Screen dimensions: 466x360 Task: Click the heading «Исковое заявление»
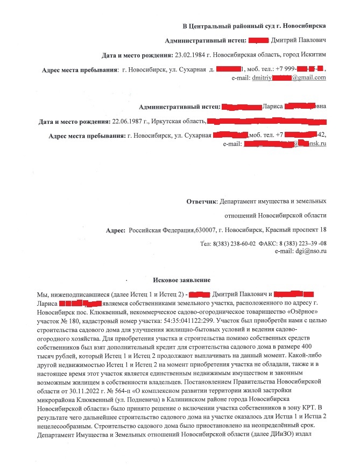181,280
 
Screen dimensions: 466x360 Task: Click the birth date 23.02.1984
192,55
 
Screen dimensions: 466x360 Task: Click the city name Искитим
312,55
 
